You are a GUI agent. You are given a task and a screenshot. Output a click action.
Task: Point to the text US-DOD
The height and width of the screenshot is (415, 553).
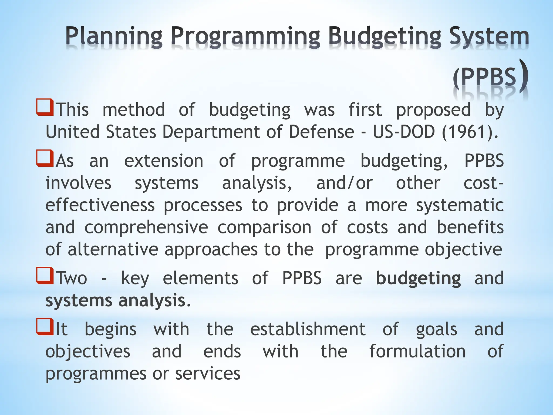[x=404, y=132]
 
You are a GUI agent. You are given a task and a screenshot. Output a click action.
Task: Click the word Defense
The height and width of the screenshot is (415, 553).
[x=321, y=132]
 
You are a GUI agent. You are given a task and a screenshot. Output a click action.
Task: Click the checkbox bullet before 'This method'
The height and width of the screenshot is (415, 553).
[x=45, y=108]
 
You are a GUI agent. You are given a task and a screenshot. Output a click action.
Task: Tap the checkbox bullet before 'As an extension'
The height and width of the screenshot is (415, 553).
[x=45, y=159]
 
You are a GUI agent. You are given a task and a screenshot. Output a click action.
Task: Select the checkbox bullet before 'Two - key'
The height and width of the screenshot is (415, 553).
[x=45, y=276]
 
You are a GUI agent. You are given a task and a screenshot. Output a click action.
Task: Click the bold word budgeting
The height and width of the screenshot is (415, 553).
[x=418, y=279]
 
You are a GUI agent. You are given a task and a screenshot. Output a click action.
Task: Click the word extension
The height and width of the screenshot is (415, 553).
[x=164, y=161]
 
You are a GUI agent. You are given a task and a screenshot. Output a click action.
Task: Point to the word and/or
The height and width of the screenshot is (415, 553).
[x=344, y=183]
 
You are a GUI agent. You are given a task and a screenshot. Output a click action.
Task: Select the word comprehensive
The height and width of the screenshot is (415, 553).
[x=146, y=227]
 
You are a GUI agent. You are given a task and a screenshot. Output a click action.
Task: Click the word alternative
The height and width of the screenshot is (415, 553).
[x=113, y=249]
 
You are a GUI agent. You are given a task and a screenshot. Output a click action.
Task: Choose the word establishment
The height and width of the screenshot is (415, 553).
[x=308, y=329]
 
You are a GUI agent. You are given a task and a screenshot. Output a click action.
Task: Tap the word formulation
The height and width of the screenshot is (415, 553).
[x=417, y=351]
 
